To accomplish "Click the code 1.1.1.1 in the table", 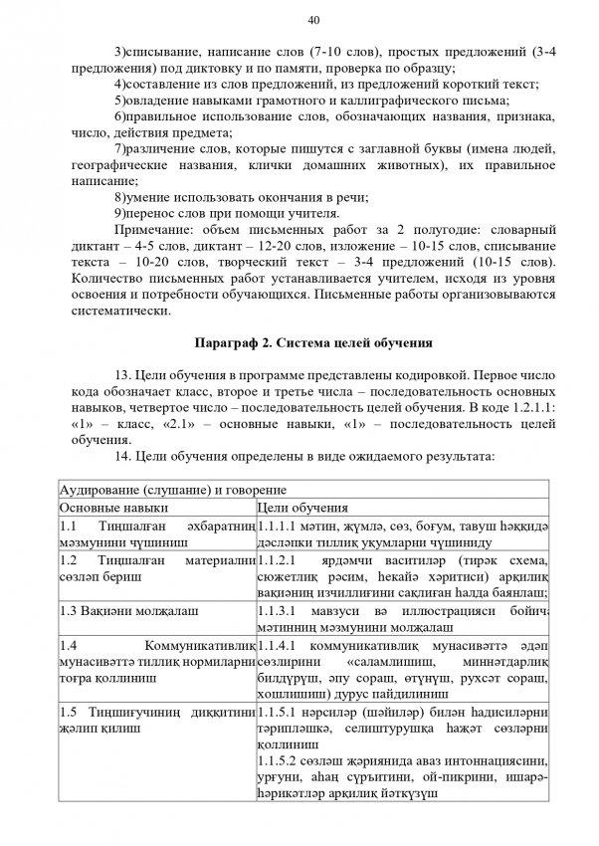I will coord(280,525).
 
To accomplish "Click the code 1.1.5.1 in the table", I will coord(280,715).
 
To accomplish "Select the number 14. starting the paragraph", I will coord(124,453).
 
